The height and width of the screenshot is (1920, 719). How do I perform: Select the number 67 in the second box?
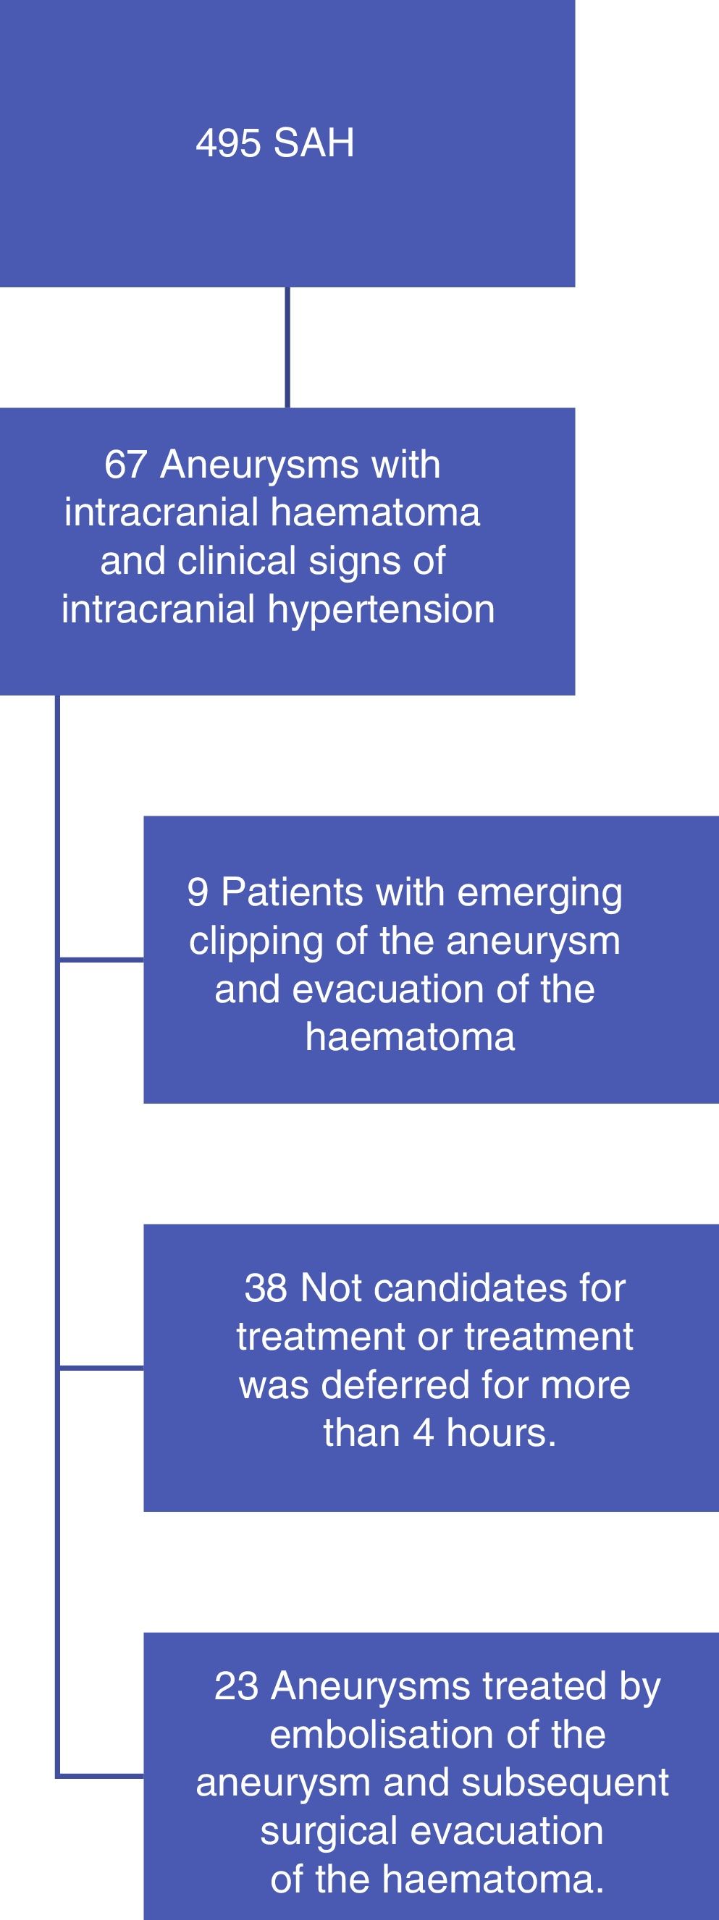(125, 465)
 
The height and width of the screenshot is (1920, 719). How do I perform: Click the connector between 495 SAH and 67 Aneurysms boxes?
(287, 347)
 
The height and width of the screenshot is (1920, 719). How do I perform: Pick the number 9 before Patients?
(198, 892)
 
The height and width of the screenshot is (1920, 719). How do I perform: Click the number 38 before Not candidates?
(266, 1288)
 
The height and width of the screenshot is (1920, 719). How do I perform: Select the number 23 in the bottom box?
(237, 1686)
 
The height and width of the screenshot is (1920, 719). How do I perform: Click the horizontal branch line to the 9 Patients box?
(100, 960)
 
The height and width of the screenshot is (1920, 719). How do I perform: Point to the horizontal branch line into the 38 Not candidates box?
(100, 1369)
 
